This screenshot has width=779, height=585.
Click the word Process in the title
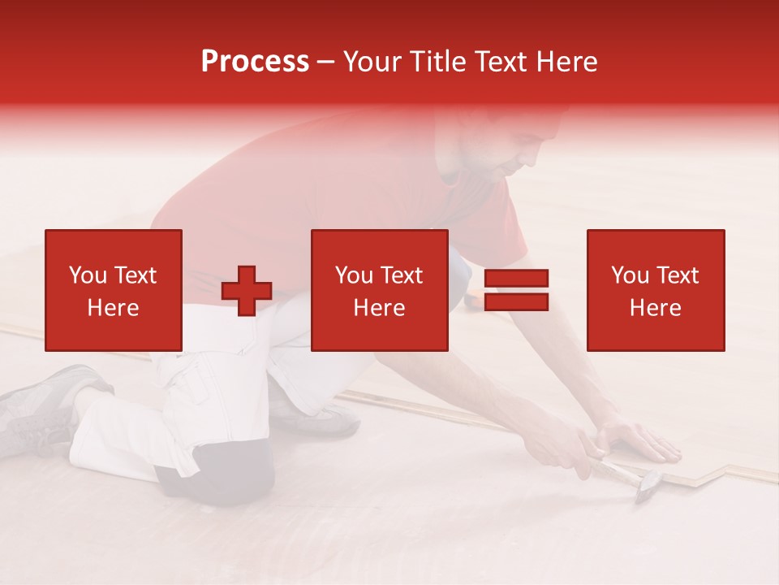click(x=255, y=62)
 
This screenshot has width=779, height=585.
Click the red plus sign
click(x=247, y=290)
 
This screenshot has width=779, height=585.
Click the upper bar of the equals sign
click(x=516, y=279)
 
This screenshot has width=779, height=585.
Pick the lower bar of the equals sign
click(x=516, y=302)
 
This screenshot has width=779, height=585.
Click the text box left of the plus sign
click(x=113, y=290)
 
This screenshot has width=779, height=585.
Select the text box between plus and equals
click(x=379, y=290)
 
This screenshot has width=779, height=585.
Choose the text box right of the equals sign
click(x=655, y=290)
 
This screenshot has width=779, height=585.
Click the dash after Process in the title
click(x=325, y=63)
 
